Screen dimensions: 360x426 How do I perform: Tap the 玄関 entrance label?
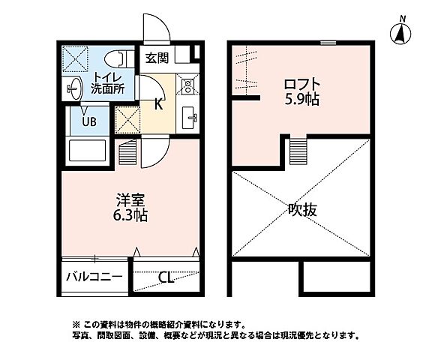click(x=157, y=57)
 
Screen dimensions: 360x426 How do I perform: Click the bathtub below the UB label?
click(x=88, y=151)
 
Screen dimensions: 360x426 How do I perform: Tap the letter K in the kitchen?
click(x=158, y=105)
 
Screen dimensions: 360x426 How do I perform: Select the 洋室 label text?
click(x=130, y=199)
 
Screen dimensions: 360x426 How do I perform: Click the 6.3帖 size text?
click(x=130, y=215)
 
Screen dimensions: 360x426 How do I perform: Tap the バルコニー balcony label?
click(x=94, y=277)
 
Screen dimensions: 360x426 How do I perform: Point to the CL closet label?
click(x=166, y=277)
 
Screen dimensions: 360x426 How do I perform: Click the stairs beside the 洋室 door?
click(x=128, y=154)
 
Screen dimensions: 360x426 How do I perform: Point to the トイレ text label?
click(x=108, y=75)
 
